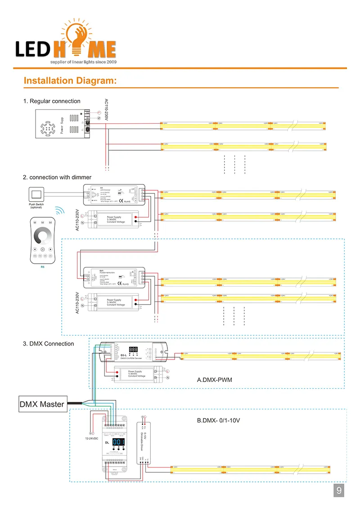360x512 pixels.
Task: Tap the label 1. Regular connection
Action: tap(52, 101)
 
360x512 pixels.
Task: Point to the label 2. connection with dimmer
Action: tap(57, 177)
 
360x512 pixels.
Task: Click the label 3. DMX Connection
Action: tap(48, 344)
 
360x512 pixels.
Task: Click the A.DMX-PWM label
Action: tap(214, 380)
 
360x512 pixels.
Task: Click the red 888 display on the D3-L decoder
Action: tap(133, 349)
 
